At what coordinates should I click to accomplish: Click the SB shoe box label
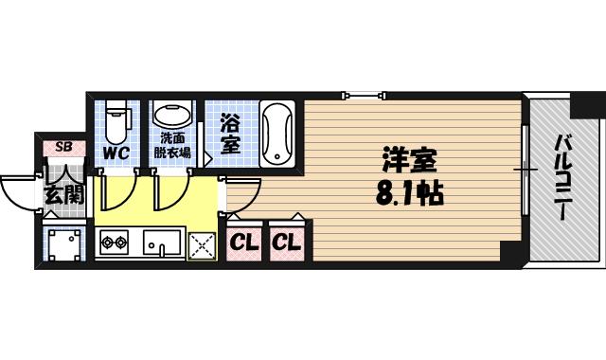[x=63, y=146]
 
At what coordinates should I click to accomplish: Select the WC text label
[x=116, y=152]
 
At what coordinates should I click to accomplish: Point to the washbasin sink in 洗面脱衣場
[x=172, y=116]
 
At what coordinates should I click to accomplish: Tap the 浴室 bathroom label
[x=230, y=134]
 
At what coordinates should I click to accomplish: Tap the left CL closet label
[x=243, y=243]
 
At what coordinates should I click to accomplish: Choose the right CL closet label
[x=286, y=243]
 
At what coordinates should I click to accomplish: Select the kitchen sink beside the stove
[x=162, y=243]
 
